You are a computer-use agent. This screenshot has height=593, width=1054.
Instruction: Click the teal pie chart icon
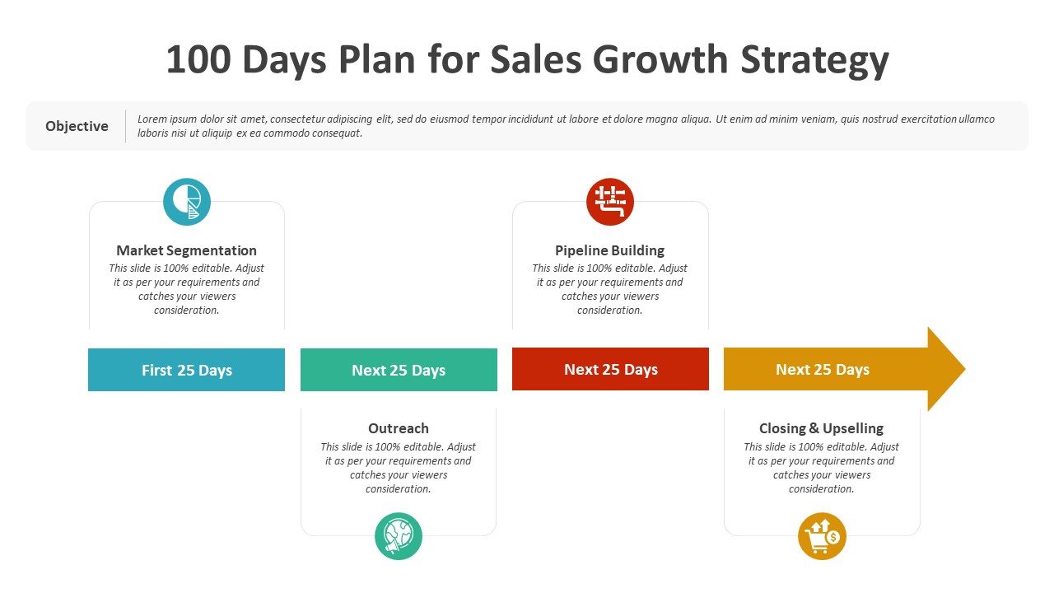(x=187, y=202)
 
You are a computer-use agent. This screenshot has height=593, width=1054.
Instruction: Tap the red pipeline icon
(x=610, y=202)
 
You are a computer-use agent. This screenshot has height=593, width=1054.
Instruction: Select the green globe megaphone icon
(x=399, y=536)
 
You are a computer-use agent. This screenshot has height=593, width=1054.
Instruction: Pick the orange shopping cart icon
(x=822, y=536)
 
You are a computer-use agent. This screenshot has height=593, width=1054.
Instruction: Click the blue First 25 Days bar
(x=186, y=370)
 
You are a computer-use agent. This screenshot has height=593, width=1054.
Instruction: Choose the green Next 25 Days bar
(x=399, y=370)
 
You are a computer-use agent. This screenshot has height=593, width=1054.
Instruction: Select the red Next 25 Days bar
(x=610, y=369)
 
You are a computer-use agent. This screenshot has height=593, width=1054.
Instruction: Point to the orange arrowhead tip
(x=966, y=369)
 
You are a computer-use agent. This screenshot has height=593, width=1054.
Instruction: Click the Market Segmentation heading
(x=186, y=250)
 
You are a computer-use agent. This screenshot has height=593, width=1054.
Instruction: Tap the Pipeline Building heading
(x=610, y=250)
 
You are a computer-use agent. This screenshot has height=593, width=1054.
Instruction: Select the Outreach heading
(x=399, y=428)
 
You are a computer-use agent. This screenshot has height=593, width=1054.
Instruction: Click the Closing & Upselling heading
(x=821, y=428)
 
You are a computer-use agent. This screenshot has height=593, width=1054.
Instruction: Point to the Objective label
(x=77, y=126)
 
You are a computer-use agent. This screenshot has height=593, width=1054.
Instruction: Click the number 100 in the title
(x=198, y=59)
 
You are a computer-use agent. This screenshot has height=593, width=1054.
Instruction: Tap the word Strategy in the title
(x=814, y=61)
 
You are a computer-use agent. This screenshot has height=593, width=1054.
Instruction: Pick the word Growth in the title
(x=660, y=59)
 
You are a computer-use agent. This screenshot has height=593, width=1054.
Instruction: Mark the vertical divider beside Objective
(x=126, y=126)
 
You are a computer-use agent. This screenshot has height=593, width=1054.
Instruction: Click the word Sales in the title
(x=536, y=59)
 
